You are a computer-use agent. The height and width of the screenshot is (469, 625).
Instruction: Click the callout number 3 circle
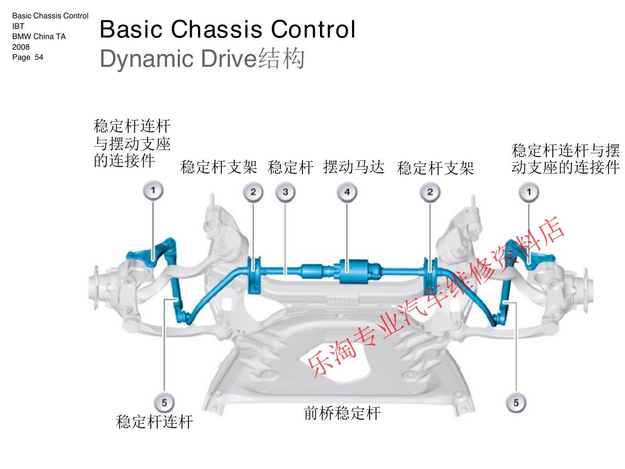point(285,192)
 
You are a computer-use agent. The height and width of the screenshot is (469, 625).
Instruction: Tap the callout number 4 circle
point(347,192)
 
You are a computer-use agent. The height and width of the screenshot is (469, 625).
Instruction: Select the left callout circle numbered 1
point(153,190)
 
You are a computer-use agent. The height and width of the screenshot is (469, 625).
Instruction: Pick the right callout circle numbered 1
point(529,192)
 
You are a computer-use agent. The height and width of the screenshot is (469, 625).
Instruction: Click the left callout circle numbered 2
point(253,192)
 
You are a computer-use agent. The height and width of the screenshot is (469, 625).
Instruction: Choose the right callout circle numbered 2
point(430,192)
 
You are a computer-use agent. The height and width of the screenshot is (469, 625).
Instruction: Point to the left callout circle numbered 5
point(164,403)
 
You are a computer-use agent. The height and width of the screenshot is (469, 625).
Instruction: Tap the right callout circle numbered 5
point(516,403)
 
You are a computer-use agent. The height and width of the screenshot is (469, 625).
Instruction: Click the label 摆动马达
point(354,167)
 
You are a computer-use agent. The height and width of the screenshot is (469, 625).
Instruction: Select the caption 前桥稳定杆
point(342,413)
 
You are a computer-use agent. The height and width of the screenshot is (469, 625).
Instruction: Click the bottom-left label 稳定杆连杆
point(155,422)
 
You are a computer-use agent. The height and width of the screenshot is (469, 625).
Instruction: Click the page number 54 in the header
point(39,57)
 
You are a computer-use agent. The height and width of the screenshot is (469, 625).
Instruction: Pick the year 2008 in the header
point(21,47)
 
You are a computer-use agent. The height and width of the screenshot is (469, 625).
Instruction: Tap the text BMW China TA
point(39,36)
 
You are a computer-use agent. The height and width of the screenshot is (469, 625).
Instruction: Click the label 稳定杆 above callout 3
point(291,167)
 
